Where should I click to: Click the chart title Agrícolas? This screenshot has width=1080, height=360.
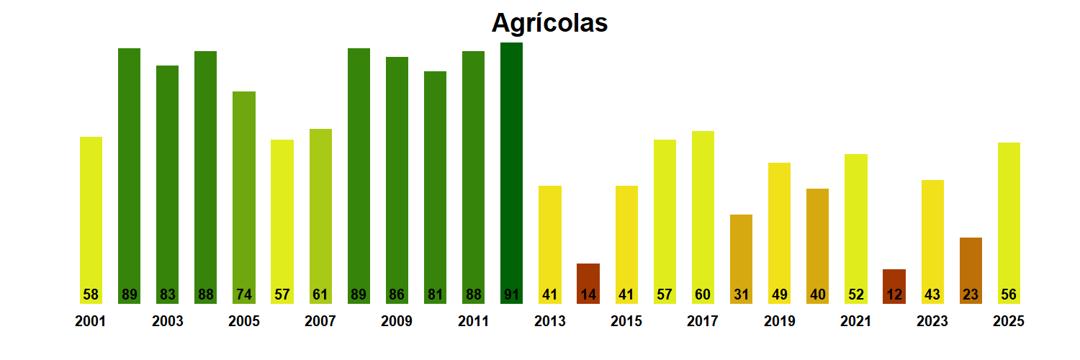tap(549, 23)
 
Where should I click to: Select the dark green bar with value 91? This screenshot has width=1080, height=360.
tap(511, 173)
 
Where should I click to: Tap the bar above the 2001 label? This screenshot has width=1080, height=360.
tap(91, 216)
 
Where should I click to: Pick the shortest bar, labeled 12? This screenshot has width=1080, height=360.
tap(894, 285)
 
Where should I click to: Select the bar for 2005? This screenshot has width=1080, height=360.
tap(244, 194)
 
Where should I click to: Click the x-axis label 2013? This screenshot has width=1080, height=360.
tap(550, 322)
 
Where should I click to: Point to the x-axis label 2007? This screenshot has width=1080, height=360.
tap(320, 322)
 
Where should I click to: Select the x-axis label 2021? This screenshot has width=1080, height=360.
tap(856, 322)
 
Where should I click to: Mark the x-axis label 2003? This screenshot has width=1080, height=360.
tap(167, 322)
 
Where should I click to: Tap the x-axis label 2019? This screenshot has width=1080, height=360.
tap(780, 322)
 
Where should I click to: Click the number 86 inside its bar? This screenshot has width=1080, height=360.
tap(397, 294)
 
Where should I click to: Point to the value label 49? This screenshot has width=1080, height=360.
tap(779, 294)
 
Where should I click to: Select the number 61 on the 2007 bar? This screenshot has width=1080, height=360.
tap(320, 294)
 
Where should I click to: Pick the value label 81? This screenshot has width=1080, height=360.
tap(435, 294)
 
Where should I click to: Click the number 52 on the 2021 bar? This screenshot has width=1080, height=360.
tap(855, 294)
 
